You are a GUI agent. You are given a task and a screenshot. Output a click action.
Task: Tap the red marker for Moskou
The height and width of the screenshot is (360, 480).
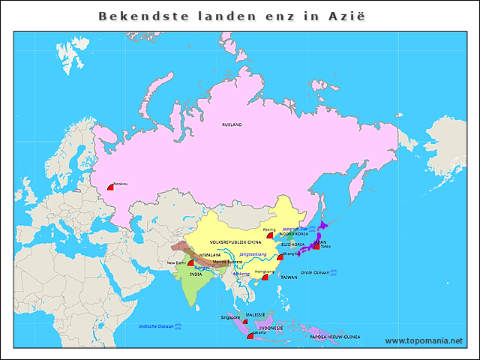110,187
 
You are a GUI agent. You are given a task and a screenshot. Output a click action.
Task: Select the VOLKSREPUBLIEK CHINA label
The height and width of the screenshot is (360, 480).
235,242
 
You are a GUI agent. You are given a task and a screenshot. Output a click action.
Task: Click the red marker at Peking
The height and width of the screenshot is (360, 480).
270,235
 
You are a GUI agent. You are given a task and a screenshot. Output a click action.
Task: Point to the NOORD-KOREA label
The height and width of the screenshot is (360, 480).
294,234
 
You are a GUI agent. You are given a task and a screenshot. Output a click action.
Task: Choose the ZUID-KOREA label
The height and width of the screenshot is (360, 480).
292,244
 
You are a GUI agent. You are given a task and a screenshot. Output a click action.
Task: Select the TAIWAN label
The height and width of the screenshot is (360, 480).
289,277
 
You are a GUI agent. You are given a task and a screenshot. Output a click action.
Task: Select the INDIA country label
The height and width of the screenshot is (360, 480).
195,274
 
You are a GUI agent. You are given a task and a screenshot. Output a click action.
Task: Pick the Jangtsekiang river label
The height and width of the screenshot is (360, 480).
253,255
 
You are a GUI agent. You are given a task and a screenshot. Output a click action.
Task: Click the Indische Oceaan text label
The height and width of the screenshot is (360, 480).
155,326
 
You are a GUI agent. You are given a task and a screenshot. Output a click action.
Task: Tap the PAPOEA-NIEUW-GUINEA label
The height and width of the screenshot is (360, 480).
334,337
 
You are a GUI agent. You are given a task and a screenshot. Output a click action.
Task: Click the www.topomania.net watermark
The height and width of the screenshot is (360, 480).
424,341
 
